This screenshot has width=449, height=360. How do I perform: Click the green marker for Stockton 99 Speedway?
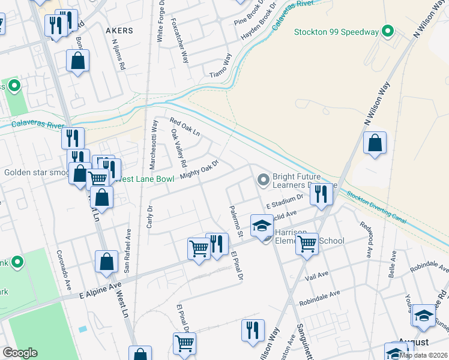point(388,32)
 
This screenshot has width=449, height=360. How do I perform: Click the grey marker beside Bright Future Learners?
point(263,179)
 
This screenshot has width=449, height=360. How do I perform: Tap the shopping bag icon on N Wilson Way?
point(375,143)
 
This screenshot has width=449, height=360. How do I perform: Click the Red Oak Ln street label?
point(184,127)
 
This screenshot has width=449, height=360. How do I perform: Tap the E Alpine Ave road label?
point(101,289)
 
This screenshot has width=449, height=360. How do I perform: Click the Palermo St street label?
point(234,221)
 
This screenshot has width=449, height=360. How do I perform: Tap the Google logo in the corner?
point(20,353)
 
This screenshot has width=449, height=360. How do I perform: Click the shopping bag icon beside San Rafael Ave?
point(106,262)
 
